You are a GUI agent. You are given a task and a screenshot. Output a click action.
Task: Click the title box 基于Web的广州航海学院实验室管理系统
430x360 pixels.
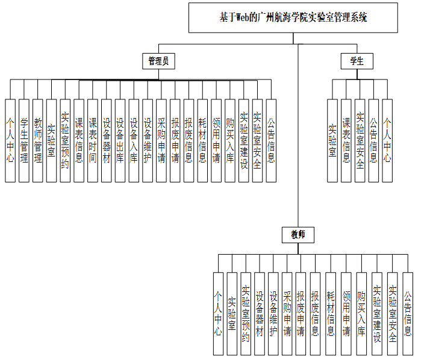tap(293, 17)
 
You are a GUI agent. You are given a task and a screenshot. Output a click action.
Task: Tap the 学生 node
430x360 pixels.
tap(357, 61)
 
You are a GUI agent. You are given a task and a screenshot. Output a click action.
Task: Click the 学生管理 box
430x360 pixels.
tap(24, 140)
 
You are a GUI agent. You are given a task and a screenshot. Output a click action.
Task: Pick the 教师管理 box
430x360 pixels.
tap(38, 140)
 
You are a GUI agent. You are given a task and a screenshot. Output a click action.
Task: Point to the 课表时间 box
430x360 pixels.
tap(93, 140)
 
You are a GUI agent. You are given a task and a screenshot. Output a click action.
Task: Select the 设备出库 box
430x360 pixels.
tap(120, 140)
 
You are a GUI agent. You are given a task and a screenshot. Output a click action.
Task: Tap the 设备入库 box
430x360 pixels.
tap(134, 140)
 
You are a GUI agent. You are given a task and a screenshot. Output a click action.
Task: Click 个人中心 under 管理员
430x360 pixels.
tap(10, 140)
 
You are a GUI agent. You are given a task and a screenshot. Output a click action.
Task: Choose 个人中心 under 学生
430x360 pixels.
tap(387, 140)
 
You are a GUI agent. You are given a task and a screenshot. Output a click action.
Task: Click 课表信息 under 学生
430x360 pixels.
tap(346, 140)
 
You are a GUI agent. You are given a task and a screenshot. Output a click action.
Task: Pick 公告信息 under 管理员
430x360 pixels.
tap(271, 140)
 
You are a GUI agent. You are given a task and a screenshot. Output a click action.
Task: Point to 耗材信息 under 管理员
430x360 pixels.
tap(202, 140)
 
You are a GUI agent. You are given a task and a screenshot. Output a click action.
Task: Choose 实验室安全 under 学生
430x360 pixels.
tap(360, 140)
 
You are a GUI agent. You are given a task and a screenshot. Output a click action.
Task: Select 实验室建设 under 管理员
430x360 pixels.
tap(243, 140)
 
